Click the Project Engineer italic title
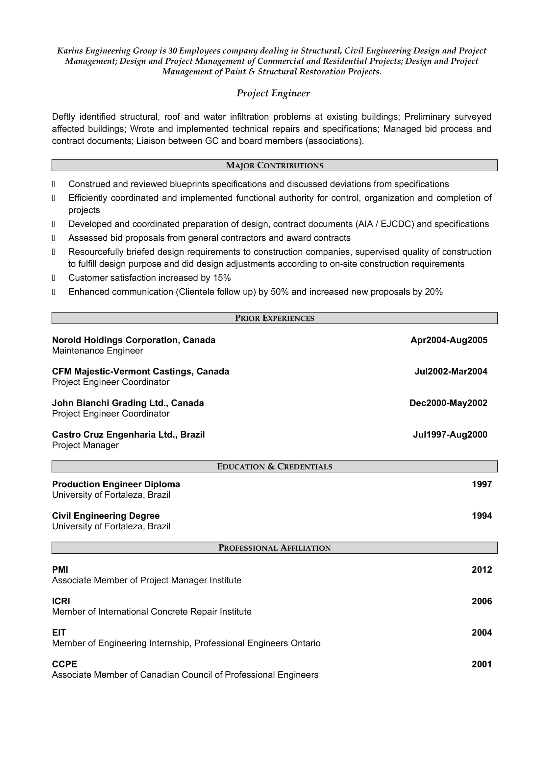point(273,93)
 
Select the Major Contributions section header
point(274,165)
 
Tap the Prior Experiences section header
point(274,318)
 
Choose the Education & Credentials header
point(274,467)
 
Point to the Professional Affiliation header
point(274,548)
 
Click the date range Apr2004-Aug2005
point(449,340)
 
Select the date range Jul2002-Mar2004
point(451,372)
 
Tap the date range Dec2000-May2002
point(448,403)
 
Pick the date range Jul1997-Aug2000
point(450,435)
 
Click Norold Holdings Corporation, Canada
point(133,340)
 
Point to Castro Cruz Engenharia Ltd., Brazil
point(128,435)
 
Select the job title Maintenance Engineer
point(97,351)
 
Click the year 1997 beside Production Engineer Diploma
point(482,484)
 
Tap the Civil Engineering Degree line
point(106,516)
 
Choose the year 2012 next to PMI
point(482,570)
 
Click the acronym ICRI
point(61,601)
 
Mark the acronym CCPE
point(64,664)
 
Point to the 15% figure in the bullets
point(222,278)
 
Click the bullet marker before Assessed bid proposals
point(54,238)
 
